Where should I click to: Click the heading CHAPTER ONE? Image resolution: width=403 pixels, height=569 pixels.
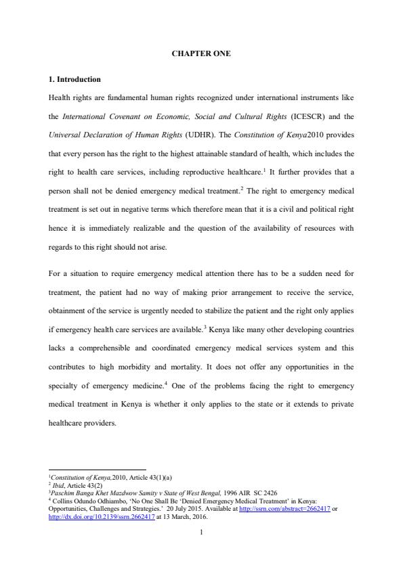pyautogui.click(x=201, y=53)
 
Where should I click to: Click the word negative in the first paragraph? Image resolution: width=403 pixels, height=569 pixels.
pyautogui.click(x=139, y=210)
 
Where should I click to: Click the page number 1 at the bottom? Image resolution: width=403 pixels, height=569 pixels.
pyautogui.click(x=201, y=532)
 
